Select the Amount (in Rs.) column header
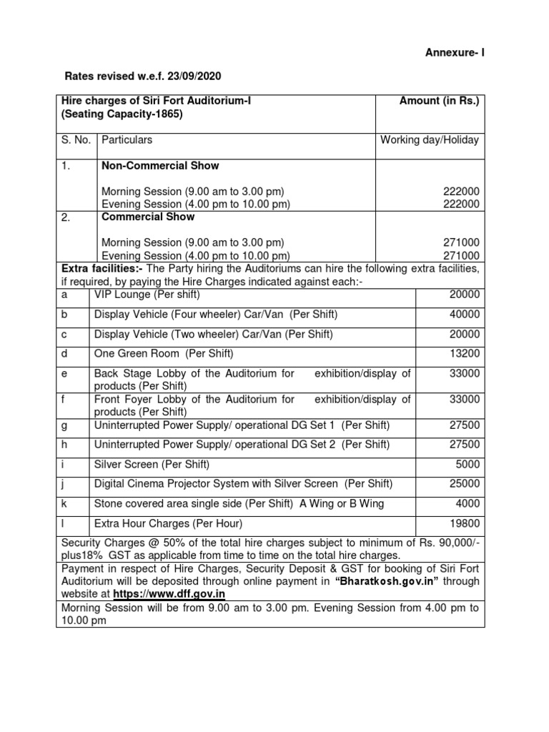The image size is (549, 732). (439, 102)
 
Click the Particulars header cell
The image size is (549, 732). (127, 140)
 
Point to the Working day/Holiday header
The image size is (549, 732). (430, 140)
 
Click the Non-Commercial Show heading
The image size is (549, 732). (160, 166)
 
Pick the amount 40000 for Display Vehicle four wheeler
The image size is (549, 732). (465, 315)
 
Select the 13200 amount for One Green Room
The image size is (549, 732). (465, 353)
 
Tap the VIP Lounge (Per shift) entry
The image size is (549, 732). (147, 295)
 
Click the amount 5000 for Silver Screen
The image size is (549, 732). (468, 465)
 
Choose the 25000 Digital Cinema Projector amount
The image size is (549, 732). (465, 484)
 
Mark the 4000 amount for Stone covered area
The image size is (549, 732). (468, 504)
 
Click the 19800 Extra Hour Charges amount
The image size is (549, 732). (465, 523)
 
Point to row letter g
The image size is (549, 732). (64, 425)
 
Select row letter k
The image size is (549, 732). (64, 504)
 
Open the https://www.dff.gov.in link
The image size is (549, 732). (173, 594)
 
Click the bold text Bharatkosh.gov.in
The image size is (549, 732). (387, 581)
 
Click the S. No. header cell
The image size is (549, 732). (76, 140)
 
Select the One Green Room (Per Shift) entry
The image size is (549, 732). (164, 353)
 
